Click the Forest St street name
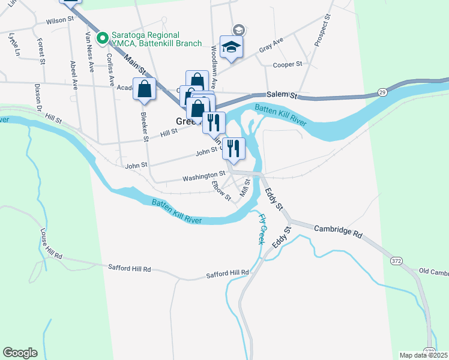point(40,51)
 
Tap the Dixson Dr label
point(37,96)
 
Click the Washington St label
point(200,176)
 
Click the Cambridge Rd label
point(339,232)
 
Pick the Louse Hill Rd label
point(51,244)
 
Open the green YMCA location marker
point(102,38)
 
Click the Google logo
point(20,353)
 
